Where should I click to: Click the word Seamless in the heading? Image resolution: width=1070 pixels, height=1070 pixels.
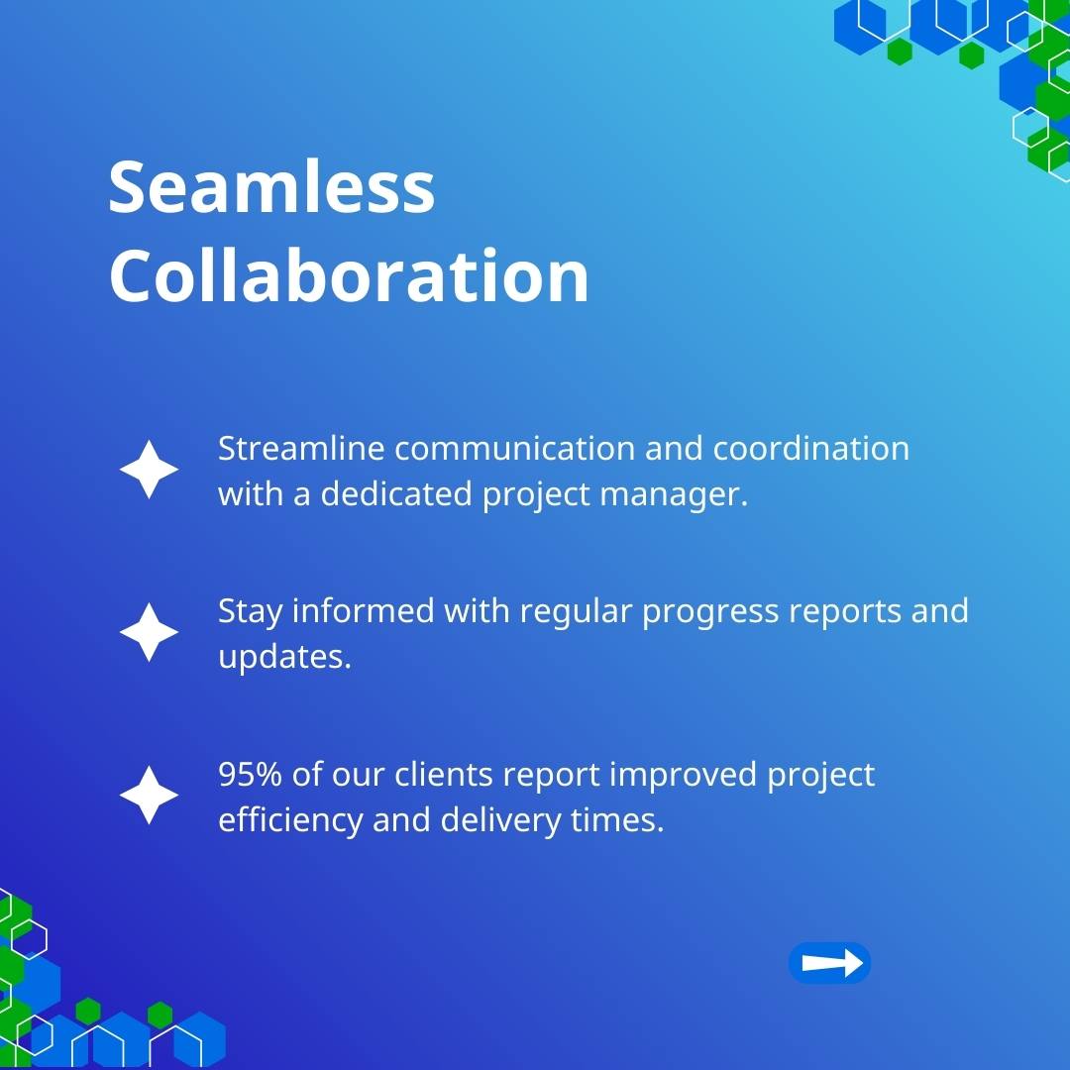(x=271, y=186)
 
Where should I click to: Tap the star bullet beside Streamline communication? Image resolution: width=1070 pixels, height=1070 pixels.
(x=149, y=470)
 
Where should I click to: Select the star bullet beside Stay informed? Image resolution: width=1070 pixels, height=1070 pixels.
(x=149, y=632)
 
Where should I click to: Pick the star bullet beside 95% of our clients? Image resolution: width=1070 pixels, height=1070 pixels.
(x=149, y=795)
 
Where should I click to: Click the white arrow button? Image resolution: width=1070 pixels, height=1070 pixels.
(x=830, y=963)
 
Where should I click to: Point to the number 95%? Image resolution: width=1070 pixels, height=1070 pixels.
(x=250, y=774)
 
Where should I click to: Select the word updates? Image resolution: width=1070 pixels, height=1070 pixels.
(x=284, y=657)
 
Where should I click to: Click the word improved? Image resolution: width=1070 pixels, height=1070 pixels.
(x=683, y=775)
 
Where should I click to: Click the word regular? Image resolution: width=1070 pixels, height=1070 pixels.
(x=576, y=611)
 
